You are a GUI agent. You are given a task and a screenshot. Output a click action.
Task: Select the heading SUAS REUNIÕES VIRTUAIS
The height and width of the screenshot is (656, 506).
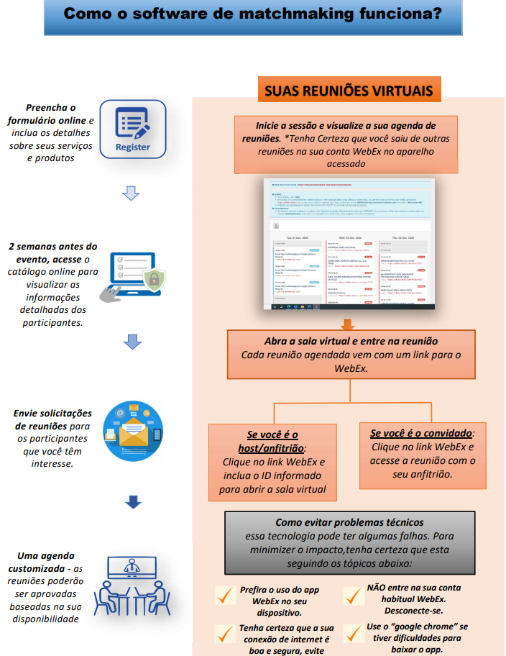pyautogui.click(x=349, y=91)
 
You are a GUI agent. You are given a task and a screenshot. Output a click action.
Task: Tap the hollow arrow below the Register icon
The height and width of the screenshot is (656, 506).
pyautogui.click(x=131, y=193)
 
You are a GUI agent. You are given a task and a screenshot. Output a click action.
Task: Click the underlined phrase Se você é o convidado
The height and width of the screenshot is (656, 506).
pyautogui.click(x=422, y=434)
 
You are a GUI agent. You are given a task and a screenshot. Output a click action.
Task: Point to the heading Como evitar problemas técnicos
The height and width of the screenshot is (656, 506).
pyautogui.click(x=349, y=522)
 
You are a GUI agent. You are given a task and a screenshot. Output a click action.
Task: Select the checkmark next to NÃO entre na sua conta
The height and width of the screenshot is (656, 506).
pyautogui.click(x=353, y=595)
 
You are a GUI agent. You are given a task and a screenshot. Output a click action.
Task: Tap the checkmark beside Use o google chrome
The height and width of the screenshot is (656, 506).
pyautogui.click(x=353, y=633)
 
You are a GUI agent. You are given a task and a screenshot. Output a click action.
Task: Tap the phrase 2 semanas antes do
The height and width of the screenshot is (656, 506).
pyautogui.click(x=53, y=246)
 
